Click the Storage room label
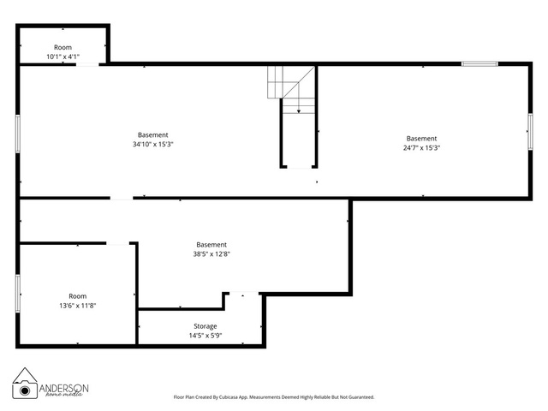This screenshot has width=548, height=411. click(205, 326)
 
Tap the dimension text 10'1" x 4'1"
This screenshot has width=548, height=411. click(63, 57)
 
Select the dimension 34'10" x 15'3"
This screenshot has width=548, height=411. click(152, 144)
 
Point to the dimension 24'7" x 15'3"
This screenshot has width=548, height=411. click(421, 147)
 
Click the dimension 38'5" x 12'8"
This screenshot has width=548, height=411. click(211, 253)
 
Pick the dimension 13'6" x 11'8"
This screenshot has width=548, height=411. click(78, 306)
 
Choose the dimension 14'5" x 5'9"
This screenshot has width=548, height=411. click(205, 336)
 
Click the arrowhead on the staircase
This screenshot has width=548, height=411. click(299, 111)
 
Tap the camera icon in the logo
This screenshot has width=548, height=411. click(25, 390)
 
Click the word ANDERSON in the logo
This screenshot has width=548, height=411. click(63, 388)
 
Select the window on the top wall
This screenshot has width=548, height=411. click(479, 64)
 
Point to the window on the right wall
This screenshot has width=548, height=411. click(530, 132)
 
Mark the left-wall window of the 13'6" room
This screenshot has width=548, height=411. click(18, 293)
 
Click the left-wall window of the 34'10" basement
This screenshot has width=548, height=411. click(18, 134)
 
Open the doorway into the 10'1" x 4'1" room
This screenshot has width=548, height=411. click(87, 64)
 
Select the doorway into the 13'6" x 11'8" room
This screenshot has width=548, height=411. click(118, 243)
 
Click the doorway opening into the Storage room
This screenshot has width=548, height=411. click(244, 294)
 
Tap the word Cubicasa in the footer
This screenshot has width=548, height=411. click(228, 397)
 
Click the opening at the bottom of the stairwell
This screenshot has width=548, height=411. click(299, 167)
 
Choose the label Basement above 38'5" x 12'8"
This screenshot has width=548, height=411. click(211, 245)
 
